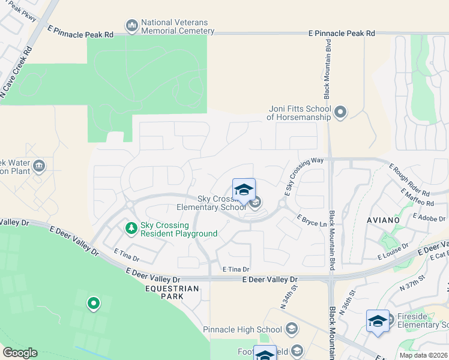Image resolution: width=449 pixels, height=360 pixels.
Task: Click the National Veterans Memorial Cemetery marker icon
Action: (x=131, y=26)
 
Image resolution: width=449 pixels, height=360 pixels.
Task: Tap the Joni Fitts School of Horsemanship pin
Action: (x=340, y=112)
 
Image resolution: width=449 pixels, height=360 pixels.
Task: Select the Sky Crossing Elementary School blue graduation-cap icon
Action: (x=244, y=190)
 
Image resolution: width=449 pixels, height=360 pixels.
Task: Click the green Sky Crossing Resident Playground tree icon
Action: (x=131, y=228)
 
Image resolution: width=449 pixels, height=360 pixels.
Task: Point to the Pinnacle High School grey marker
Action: (x=291, y=329)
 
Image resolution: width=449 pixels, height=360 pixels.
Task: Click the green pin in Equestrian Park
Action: (x=93, y=304)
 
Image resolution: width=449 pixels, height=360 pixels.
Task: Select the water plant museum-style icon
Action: (x=39, y=166)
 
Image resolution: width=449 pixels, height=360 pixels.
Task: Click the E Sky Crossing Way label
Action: (x=304, y=176)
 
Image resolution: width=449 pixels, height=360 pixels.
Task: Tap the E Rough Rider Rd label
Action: (x=409, y=180)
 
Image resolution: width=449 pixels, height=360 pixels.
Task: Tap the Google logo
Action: (x=20, y=353)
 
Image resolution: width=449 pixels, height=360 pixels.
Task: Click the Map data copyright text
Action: (x=423, y=355)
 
